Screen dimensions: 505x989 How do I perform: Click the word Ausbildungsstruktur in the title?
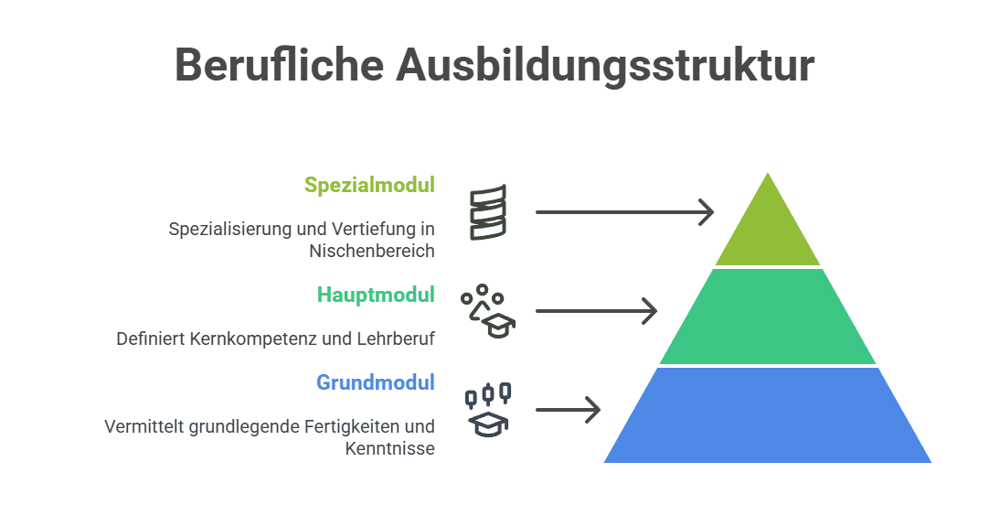605,65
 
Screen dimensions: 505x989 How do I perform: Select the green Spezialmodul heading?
369,185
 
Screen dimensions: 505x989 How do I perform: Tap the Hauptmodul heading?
376,295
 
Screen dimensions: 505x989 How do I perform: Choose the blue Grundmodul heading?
376,382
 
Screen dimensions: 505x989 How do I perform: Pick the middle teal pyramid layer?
768,318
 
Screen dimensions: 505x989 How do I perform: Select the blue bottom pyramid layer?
768,416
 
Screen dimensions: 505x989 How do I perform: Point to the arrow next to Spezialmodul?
623,212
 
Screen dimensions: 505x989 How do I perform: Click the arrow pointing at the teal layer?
596,311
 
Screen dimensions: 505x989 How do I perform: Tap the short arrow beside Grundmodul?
568,410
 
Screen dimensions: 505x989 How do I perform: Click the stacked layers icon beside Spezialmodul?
487,212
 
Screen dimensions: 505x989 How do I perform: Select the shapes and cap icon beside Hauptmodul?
488,312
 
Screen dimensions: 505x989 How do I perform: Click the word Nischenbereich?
371,251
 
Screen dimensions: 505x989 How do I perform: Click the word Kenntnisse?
389,448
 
